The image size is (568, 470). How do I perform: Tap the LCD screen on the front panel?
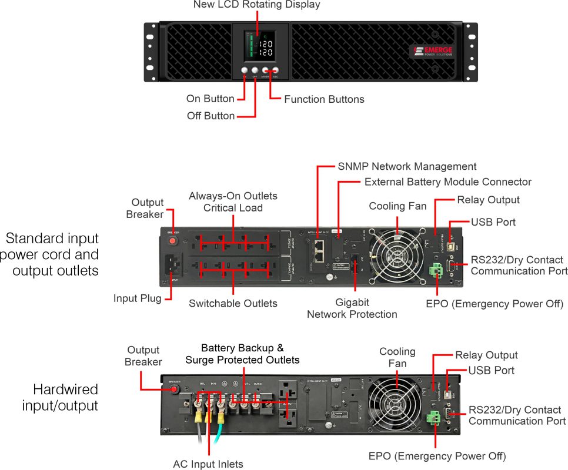pos(259,45)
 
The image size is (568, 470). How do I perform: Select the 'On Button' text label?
pos(210,99)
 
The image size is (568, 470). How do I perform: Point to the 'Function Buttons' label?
pos(324,99)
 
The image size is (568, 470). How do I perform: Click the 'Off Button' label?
pos(211,116)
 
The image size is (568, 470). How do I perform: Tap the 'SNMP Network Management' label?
pos(407,167)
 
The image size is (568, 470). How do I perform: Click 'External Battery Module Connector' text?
pos(447,182)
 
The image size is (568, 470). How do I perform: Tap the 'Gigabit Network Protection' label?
pos(352,308)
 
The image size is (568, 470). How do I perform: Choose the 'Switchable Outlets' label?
pos(233,304)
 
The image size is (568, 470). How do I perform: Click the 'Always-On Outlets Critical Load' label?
pos(233,202)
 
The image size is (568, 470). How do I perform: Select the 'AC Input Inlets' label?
pos(208,464)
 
